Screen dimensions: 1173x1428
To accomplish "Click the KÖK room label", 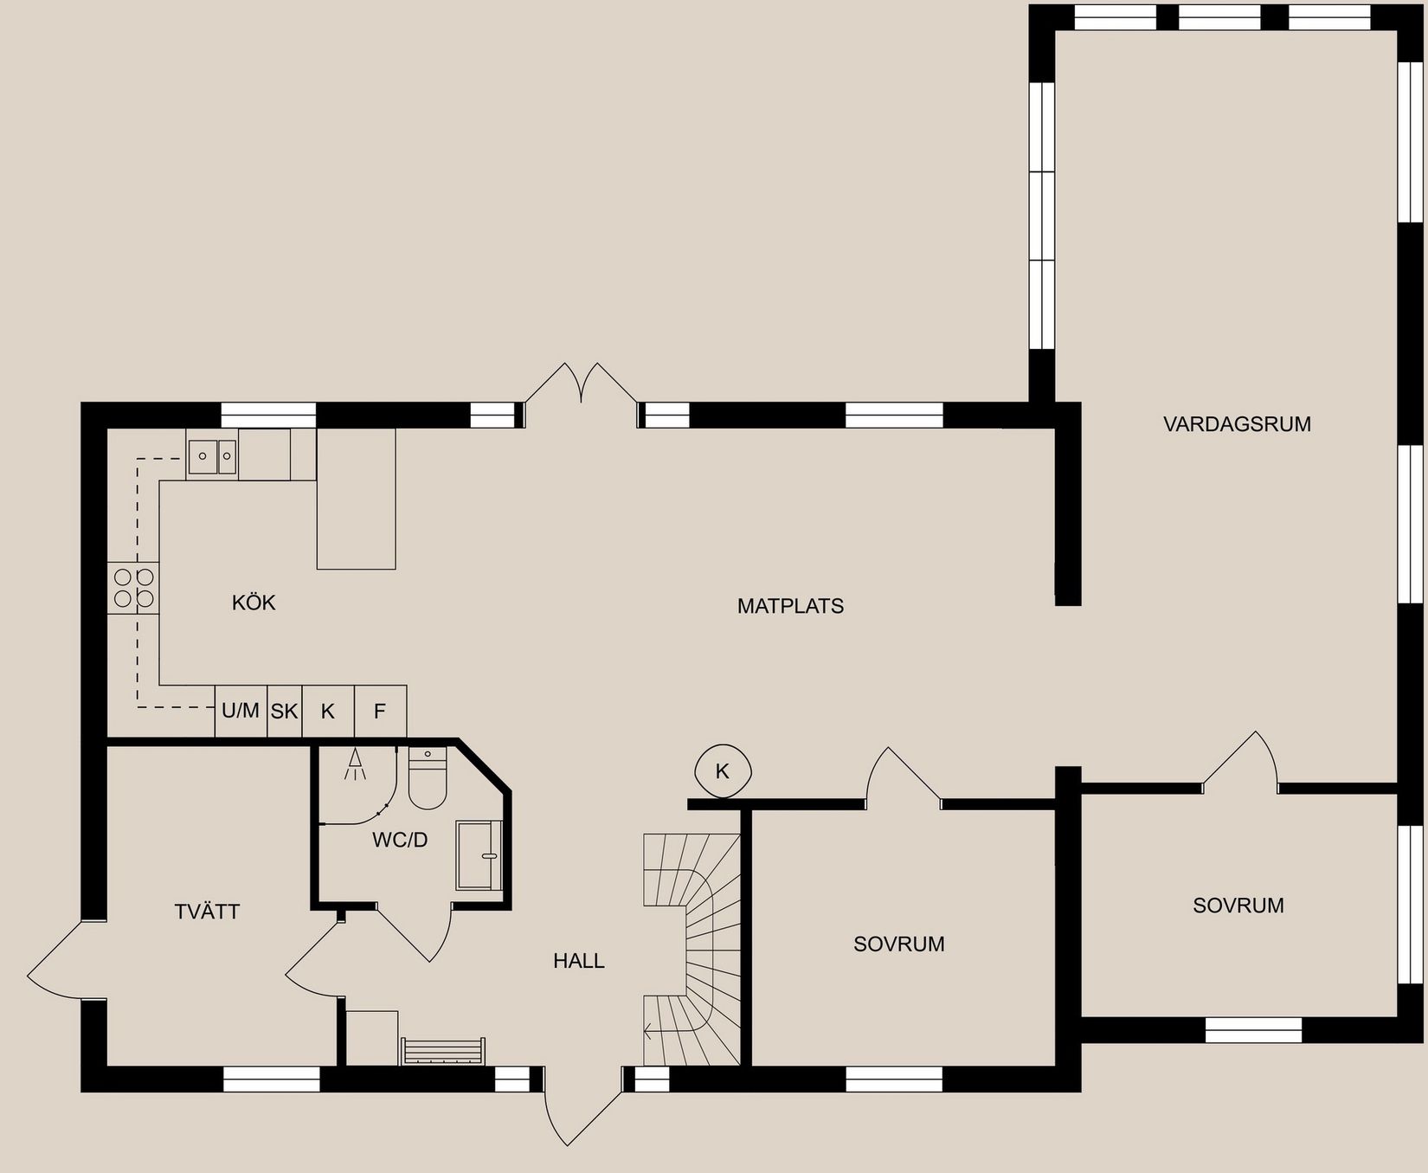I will (x=254, y=603).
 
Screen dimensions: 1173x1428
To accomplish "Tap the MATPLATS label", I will (x=790, y=606).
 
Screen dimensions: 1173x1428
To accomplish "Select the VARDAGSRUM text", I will (x=1237, y=424).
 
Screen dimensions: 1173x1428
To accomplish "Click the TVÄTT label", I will (x=207, y=912).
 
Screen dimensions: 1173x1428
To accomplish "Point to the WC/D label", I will (x=400, y=840).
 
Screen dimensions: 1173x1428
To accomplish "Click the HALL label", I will (x=579, y=961).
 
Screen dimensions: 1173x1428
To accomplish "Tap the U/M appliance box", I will (x=241, y=712).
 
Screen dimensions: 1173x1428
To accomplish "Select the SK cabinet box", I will (x=284, y=712).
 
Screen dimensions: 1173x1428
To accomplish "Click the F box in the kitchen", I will (x=380, y=712).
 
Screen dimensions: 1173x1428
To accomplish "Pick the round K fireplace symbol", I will (x=724, y=770).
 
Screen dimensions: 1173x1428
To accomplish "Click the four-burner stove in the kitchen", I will (x=133, y=588).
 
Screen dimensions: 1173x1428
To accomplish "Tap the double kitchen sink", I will (x=212, y=455).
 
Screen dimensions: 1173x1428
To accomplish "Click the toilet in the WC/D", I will (x=427, y=779).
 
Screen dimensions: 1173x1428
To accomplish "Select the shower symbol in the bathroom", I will (x=355, y=765).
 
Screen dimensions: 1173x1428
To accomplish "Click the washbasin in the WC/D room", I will (x=479, y=855).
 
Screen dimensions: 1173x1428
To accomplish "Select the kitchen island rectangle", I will (x=356, y=499).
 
